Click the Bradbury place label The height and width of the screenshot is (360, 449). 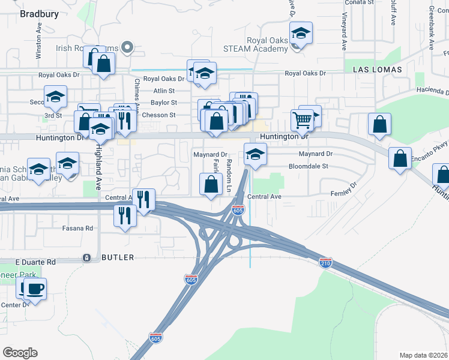click(39, 14)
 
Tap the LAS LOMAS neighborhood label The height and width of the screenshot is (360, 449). click(376, 70)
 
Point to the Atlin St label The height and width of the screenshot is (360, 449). click(163, 91)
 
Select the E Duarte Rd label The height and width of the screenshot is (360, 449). click(35, 262)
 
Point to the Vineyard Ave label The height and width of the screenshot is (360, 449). click(345, 34)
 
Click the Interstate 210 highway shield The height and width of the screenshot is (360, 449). click(325, 263)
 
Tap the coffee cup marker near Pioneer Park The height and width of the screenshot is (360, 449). click(34, 289)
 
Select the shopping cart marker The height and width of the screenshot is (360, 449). click(302, 120)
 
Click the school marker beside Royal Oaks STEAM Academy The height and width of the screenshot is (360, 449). click(301, 34)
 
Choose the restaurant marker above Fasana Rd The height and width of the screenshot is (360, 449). click(125, 215)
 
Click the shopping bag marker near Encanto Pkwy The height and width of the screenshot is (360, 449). click(400, 159)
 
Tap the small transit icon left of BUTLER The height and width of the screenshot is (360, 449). click(87, 257)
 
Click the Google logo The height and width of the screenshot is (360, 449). click(20, 353)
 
